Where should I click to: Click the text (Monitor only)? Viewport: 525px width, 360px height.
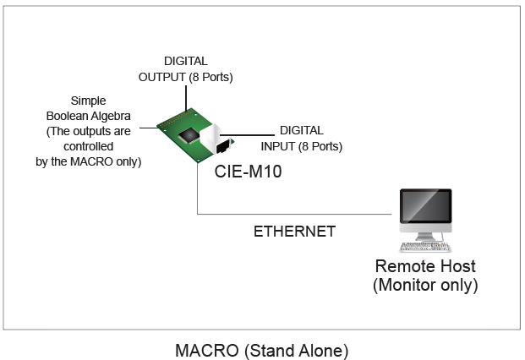coord(425,286)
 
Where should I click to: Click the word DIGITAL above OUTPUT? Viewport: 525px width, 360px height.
coord(185,62)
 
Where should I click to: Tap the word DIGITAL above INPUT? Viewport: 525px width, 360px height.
coord(301,130)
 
